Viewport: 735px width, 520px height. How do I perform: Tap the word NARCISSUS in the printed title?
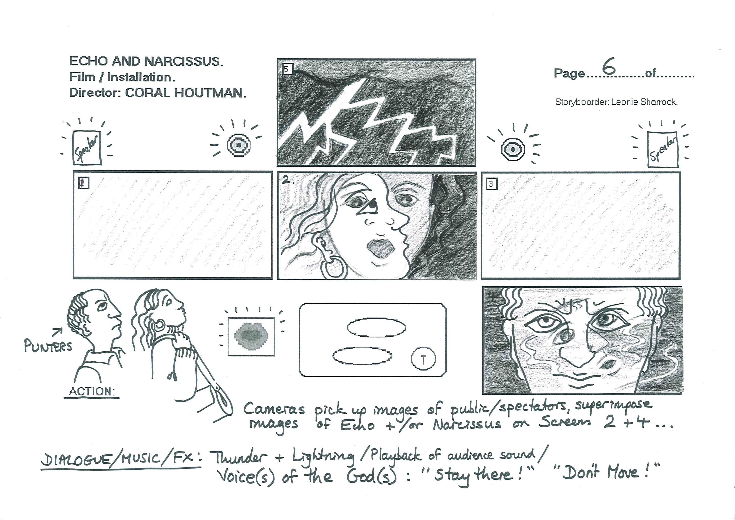click(x=183, y=61)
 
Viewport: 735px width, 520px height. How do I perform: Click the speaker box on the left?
click(x=87, y=148)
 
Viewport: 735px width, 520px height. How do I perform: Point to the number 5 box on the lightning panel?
click(x=287, y=69)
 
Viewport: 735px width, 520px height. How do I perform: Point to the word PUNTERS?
click(x=48, y=346)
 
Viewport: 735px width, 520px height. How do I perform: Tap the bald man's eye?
click(x=102, y=306)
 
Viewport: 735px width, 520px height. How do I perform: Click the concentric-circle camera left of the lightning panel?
click(x=238, y=145)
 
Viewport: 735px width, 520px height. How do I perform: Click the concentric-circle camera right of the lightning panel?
click(x=513, y=149)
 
